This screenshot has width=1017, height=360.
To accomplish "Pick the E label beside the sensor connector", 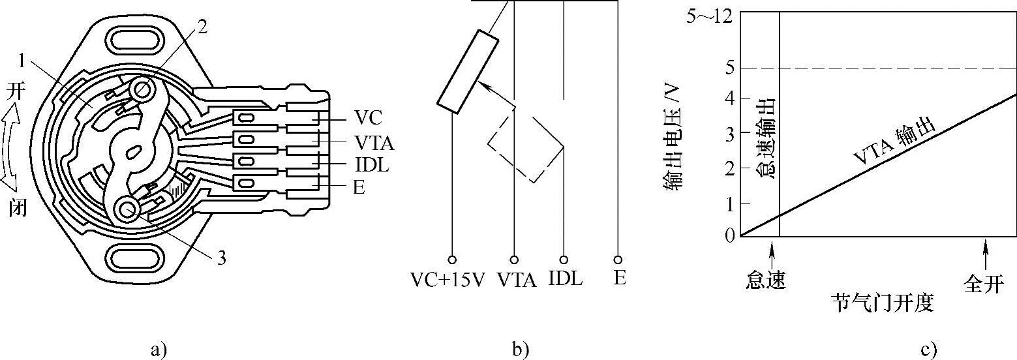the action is coord(358,188).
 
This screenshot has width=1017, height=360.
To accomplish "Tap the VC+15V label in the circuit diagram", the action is coord(448,280).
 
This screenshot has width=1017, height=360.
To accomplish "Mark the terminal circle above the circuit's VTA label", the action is coord(515,260).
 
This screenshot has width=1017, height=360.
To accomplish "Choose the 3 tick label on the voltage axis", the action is coord(729,132).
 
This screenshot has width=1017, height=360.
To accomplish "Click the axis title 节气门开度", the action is coord(882,303).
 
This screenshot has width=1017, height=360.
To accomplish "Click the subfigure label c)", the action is coord(928,350).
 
